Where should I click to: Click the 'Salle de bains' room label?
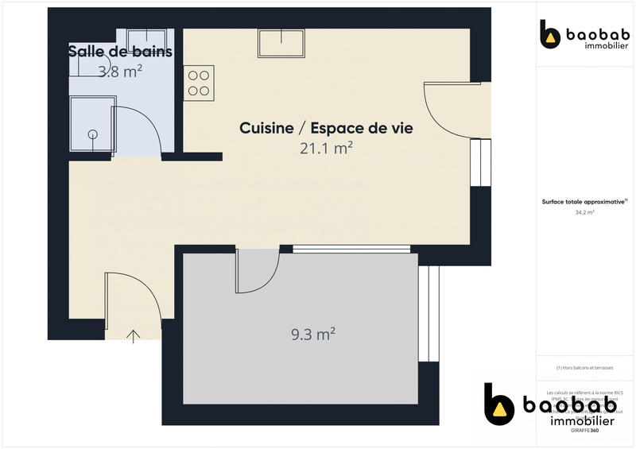(x=120, y=52)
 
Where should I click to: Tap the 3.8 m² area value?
(x=120, y=71)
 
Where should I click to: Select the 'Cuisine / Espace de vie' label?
(x=327, y=127)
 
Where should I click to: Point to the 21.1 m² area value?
(x=327, y=147)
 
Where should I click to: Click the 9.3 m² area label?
(x=312, y=335)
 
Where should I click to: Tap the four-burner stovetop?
(x=200, y=83)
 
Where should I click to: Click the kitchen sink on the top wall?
(x=281, y=43)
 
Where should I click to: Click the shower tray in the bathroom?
(x=91, y=124)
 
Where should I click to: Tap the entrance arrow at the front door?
(x=134, y=335)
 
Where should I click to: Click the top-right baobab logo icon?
(x=549, y=33)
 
